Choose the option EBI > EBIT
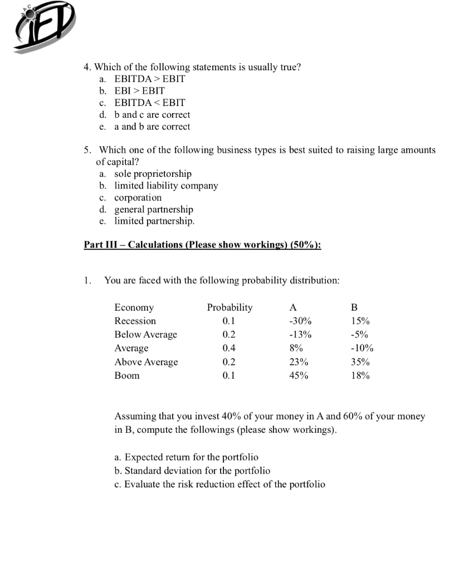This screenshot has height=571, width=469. [140, 90]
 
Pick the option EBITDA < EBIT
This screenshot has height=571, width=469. [149, 103]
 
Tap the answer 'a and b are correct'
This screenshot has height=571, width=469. [152, 127]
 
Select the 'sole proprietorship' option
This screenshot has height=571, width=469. [153, 174]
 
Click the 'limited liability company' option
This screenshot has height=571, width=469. [166, 186]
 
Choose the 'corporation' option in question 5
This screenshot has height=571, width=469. [138, 197]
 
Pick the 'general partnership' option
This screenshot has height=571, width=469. [154, 210]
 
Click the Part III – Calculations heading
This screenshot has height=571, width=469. [202, 245]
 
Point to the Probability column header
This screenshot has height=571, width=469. [229, 307]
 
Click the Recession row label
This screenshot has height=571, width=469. [135, 321]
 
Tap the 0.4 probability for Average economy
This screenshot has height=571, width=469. [228, 348]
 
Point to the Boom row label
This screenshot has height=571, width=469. [127, 375]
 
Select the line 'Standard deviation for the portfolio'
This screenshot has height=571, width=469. [192, 471]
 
